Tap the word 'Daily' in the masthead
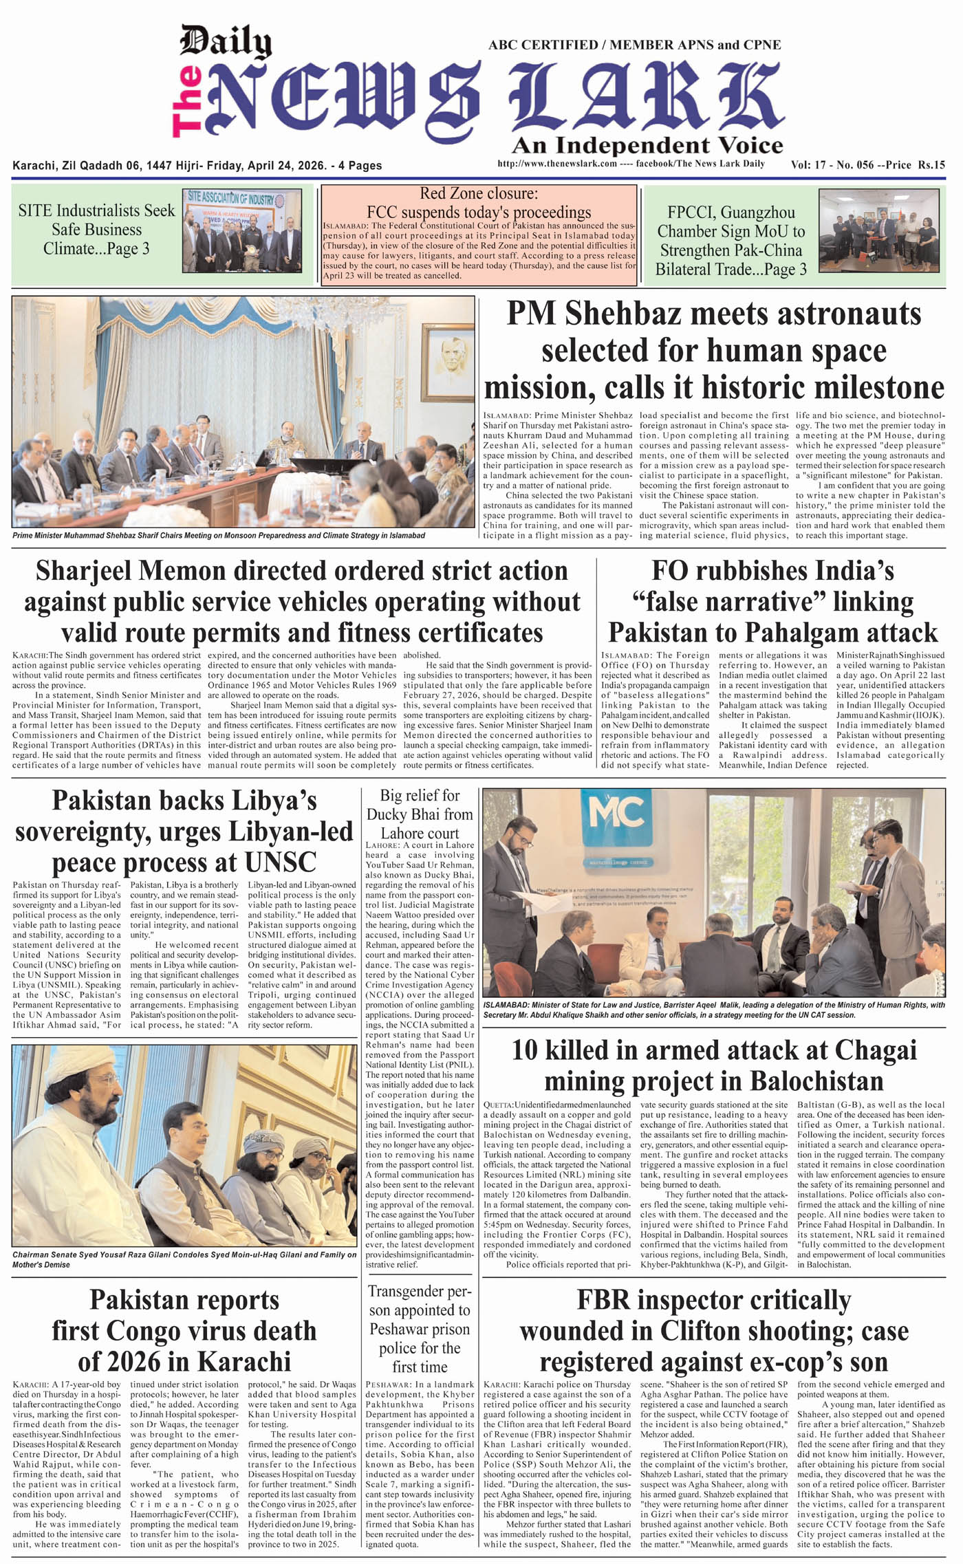pyautogui.click(x=226, y=43)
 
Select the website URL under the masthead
pyautogui.click(x=556, y=164)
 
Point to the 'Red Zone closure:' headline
pyautogui.click(x=479, y=193)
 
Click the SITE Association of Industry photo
pyautogui.click(x=241, y=231)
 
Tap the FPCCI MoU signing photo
pyautogui.click(x=878, y=230)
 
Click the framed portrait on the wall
pyautogui.click(x=448, y=359)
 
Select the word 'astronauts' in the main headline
pyautogui.click(x=805, y=314)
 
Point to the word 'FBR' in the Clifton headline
pyautogui.click(x=603, y=1299)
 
